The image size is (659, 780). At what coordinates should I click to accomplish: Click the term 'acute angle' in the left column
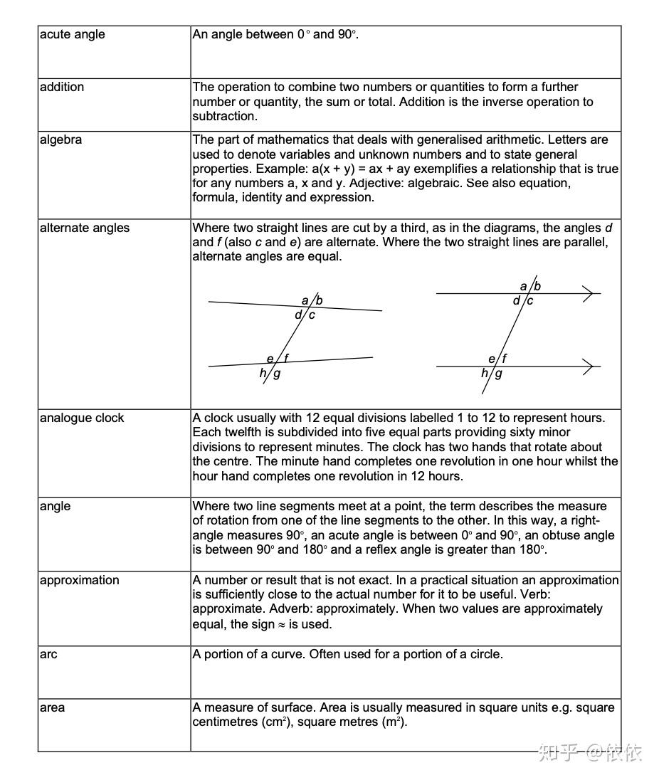[x=72, y=35]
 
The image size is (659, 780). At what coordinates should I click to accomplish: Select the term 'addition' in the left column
[x=62, y=88]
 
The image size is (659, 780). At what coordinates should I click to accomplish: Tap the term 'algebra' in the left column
[x=60, y=140]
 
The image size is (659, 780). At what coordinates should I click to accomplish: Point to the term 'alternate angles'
[x=85, y=228]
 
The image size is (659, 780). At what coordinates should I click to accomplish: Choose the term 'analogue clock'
[x=82, y=418]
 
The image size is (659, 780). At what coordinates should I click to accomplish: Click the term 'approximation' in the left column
[x=80, y=581]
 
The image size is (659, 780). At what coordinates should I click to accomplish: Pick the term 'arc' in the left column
[x=48, y=655]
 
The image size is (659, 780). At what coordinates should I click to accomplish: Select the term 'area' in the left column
[x=52, y=708]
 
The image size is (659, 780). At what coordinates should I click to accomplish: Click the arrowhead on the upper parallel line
[x=589, y=293]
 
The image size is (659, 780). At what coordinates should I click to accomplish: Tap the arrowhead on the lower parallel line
[x=589, y=367]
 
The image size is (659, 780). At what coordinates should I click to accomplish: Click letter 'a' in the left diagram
[x=305, y=300]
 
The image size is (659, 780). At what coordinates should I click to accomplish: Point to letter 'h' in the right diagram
[x=485, y=373]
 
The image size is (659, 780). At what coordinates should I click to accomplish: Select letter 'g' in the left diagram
[x=277, y=373]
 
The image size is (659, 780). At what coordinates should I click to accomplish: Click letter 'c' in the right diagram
[x=530, y=300]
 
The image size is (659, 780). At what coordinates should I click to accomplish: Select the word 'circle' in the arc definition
[x=485, y=655]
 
